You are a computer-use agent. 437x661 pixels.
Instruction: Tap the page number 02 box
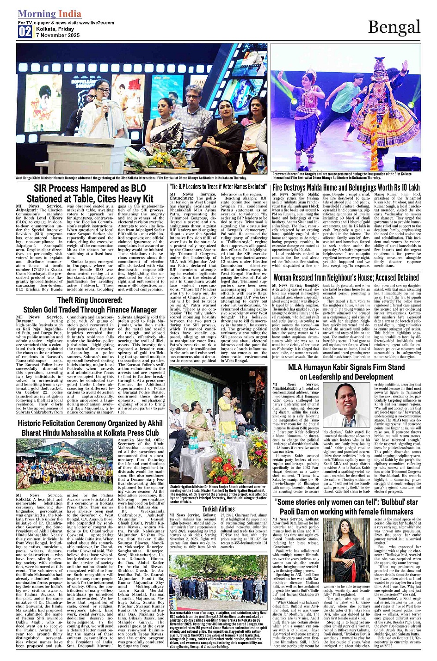(25, 31)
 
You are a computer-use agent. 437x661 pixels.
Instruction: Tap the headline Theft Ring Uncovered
(90, 305)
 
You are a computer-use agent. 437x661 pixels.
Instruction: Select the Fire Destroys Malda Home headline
(346, 187)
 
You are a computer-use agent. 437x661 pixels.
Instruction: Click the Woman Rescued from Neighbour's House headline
(346, 277)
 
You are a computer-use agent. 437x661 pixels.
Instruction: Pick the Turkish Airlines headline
(219, 509)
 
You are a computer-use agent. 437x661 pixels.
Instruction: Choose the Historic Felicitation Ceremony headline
(90, 428)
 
